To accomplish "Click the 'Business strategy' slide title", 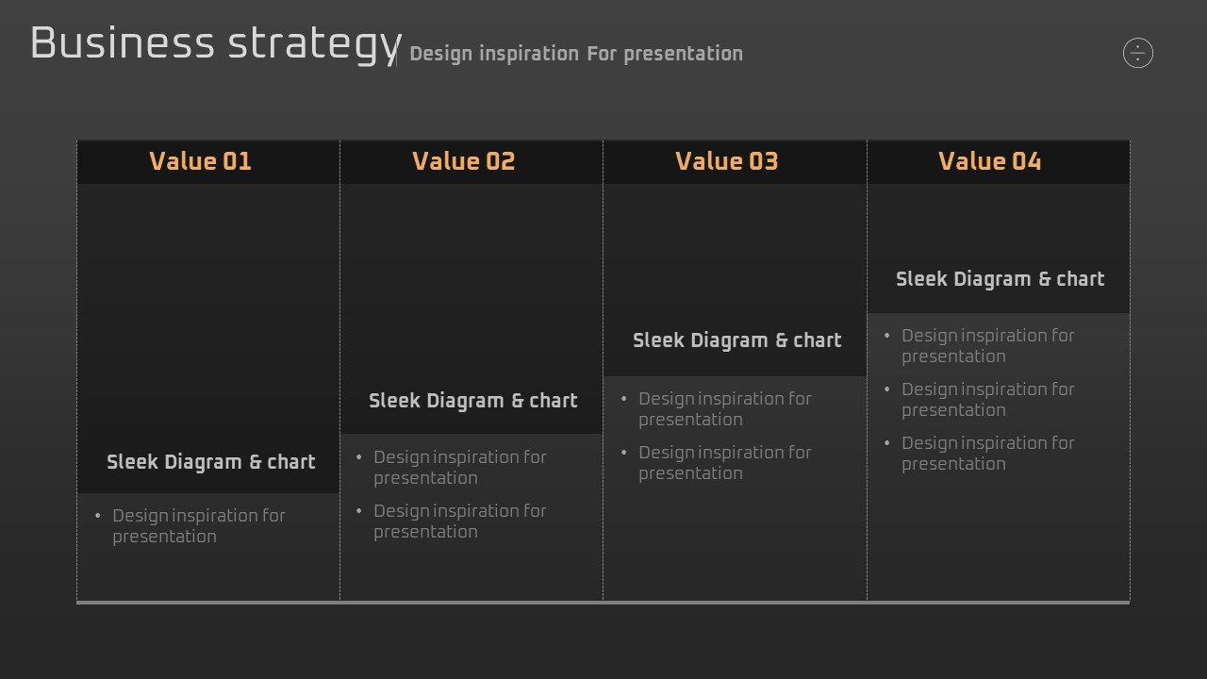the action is coord(216,44).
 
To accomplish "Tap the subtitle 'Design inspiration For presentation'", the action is coord(576,54).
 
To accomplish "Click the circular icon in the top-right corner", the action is coord(1137,53).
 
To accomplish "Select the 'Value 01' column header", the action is coord(201,161).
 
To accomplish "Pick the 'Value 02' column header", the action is coord(463,161).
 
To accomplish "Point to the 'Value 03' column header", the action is coord(726,161).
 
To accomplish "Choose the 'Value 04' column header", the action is coord(989,161).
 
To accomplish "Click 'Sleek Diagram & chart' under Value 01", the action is coord(210,462).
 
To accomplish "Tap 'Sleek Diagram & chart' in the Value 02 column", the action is coord(473,401).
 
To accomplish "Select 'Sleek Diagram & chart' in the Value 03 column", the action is coord(737,340).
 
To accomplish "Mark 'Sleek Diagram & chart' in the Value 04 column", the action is coord(1000,279).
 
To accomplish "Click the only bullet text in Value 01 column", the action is coord(199,526).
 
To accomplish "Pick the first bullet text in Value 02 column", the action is coord(460,467).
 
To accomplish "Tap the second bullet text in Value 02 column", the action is coord(460,522).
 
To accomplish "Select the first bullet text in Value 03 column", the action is coord(725,409).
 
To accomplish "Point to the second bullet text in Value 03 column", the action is coord(725,463).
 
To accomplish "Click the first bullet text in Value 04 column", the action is coord(988,346).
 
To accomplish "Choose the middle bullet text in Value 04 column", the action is coord(988,400).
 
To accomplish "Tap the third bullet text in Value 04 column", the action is coord(988,454).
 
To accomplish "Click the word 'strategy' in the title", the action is coord(315,46).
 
